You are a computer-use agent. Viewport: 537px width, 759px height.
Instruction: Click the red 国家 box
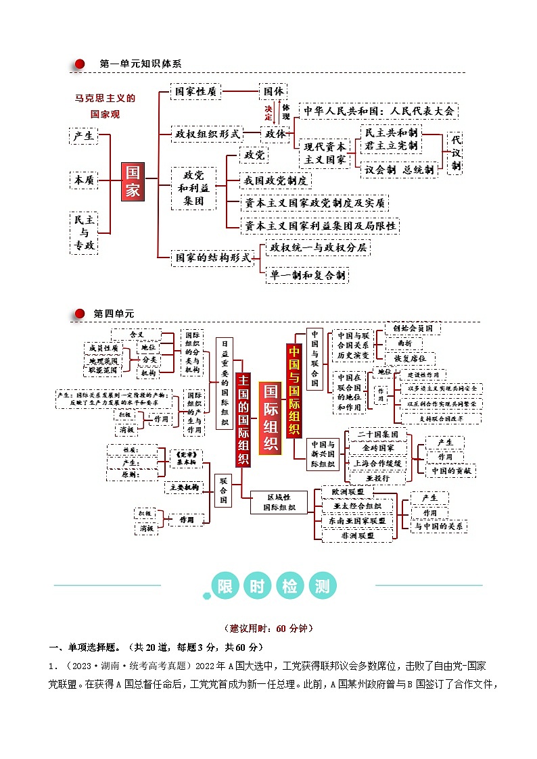pos(133,181)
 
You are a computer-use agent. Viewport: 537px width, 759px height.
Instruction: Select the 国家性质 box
pos(195,91)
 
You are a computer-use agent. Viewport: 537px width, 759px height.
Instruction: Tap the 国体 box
pos(273,91)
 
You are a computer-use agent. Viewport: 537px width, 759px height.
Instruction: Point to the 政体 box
pos(275,133)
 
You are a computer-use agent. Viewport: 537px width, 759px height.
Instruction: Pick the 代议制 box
pos(456,152)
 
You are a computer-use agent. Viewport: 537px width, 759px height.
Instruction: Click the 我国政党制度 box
pos(276,180)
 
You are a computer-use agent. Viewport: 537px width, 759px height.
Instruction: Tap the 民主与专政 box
pos(85,232)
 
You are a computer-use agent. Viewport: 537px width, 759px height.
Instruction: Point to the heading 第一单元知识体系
pos(140,64)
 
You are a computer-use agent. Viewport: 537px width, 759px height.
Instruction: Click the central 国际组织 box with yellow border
pos(270,417)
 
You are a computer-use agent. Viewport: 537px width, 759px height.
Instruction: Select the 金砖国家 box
pos(378,447)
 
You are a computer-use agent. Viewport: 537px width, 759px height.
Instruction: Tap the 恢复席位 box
pos(412,358)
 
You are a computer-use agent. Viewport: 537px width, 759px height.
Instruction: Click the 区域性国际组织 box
pos(279,501)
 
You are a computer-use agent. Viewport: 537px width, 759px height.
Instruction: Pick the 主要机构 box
pos(184,487)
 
